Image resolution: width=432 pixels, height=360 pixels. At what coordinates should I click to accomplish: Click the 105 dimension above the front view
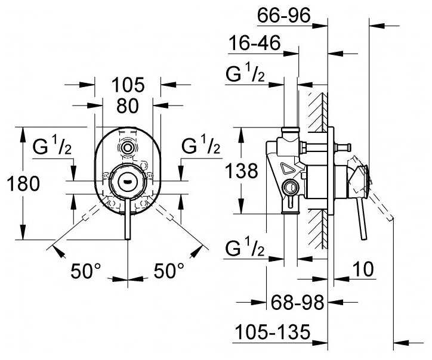coord(128,85)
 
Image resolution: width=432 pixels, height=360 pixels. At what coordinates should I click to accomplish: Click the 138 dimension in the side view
coord(242,171)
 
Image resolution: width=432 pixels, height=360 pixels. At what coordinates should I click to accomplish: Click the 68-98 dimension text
coord(296,303)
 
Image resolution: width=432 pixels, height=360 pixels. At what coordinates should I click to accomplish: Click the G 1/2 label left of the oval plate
coord(52,146)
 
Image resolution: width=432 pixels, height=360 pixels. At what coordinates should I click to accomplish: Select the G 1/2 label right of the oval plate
coord(200,146)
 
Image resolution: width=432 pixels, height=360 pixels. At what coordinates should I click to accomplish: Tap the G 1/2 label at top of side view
coord(245,74)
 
